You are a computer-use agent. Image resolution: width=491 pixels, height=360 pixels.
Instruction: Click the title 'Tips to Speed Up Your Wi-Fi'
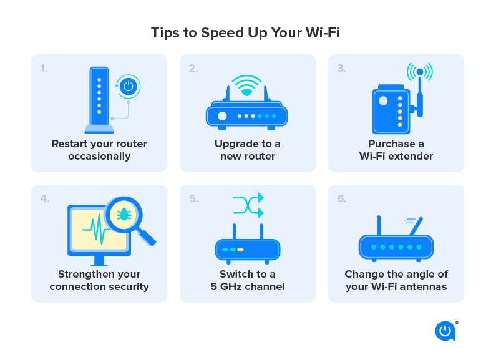(245, 32)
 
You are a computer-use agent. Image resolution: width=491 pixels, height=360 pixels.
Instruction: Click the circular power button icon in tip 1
(129, 86)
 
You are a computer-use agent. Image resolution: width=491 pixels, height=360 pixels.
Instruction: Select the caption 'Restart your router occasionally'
(99, 150)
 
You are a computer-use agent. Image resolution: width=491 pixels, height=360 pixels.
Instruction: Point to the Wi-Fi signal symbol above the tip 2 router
(247, 86)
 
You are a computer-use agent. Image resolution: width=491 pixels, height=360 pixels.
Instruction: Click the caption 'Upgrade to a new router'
(248, 150)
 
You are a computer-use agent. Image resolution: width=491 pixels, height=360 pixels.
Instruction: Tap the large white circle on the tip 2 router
(221, 115)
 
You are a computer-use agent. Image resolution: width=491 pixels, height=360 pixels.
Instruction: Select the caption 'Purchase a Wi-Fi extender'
(396, 150)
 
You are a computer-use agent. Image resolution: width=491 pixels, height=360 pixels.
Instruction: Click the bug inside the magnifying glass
(124, 215)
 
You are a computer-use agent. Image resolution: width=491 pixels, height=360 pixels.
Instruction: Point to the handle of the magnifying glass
(147, 237)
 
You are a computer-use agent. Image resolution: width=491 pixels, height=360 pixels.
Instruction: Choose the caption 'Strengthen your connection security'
(99, 281)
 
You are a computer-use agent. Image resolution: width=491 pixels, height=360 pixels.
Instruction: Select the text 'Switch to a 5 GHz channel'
(248, 281)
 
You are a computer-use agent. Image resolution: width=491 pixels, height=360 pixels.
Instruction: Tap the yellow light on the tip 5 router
(240, 250)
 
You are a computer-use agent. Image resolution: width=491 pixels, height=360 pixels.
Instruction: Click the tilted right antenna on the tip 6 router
(416, 226)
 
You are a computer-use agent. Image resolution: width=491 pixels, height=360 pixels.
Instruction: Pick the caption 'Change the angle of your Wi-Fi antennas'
(396, 281)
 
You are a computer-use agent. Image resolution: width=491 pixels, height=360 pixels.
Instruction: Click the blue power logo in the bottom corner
(444, 331)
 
